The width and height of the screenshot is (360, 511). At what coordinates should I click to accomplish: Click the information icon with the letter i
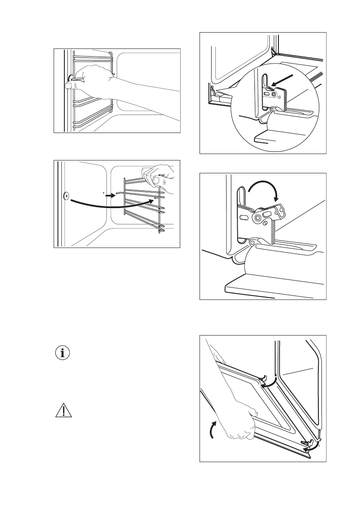[x=64, y=353]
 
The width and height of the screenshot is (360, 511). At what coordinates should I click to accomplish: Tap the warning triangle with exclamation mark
[x=64, y=411]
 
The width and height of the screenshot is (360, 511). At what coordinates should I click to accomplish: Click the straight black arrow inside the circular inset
[x=284, y=81]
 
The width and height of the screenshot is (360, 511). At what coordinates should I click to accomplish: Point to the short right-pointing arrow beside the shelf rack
[x=111, y=194]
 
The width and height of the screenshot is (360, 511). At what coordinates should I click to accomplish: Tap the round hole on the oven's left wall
[x=66, y=197]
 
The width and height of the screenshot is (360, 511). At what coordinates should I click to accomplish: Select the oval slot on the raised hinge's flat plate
[x=244, y=218]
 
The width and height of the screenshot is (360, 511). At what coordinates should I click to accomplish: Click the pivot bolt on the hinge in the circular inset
[x=273, y=93]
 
